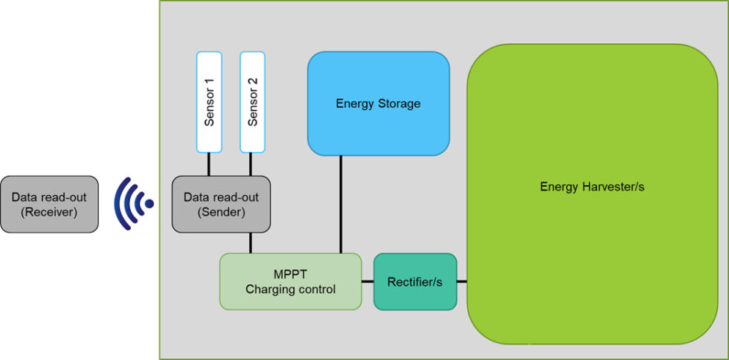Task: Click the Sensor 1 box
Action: click(x=208, y=102)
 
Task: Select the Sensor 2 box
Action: click(x=252, y=102)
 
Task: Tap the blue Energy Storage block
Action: click(x=378, y=103)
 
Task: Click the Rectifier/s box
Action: click(x=414, y=281)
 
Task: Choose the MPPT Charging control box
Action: click(x=290, y=281)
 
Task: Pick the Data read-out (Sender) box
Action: click(x=220, y=204)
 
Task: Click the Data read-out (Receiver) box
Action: click(x=49, y=204)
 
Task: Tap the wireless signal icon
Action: click(x=133, y=204)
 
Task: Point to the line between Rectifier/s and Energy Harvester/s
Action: click(x=462, y=281)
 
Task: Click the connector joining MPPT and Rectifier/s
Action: click(x=367, y=281)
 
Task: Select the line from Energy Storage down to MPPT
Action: click(x=341, y=204)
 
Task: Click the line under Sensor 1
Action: click(x=208, y=164)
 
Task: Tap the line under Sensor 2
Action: click(x=252, y=164)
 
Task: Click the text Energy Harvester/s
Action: click(x=591, y=187)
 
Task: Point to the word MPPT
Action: click(x=291, y=274)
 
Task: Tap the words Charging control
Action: click(x=291, y=289)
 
